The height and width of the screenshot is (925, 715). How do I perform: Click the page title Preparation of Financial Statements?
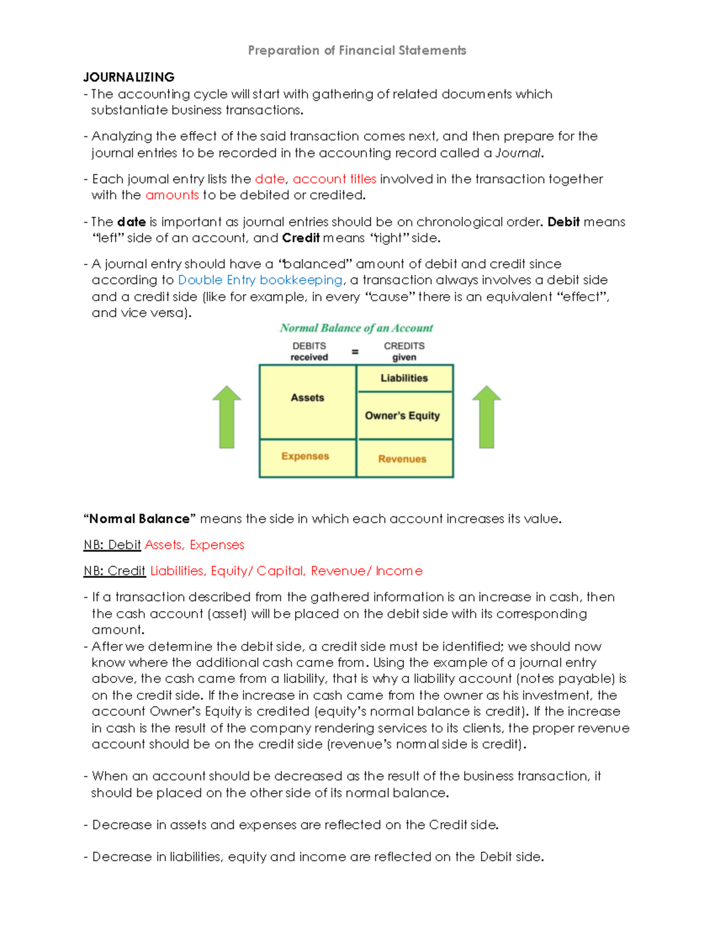coord(357,51)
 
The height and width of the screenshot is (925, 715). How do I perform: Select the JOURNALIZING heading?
coord(129,77)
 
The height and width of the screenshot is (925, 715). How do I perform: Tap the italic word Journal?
coord(518,153)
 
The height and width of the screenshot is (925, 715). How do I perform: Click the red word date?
coord(269,179)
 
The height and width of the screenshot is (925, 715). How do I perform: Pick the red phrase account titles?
coord(334,179)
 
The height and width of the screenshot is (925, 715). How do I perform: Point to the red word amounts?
coord(172,195)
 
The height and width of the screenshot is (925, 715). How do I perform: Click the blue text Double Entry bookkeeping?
coord(260,280)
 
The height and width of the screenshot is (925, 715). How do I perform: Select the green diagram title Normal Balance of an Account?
coord(356,328)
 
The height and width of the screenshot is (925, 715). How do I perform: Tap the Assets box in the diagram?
coord(307,401)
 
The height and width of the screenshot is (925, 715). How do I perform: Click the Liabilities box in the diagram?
coord(405,378)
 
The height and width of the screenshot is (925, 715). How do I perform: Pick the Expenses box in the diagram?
coord(306,457)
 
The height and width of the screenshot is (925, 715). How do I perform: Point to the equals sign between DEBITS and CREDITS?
coord(356,352)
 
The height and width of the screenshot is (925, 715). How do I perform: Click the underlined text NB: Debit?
coord(112,545)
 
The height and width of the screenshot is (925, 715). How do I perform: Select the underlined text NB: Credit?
coord(114,571)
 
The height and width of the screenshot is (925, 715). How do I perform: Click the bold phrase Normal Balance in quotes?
coord(139,519)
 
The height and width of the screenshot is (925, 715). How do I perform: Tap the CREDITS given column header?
coord(404,351)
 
